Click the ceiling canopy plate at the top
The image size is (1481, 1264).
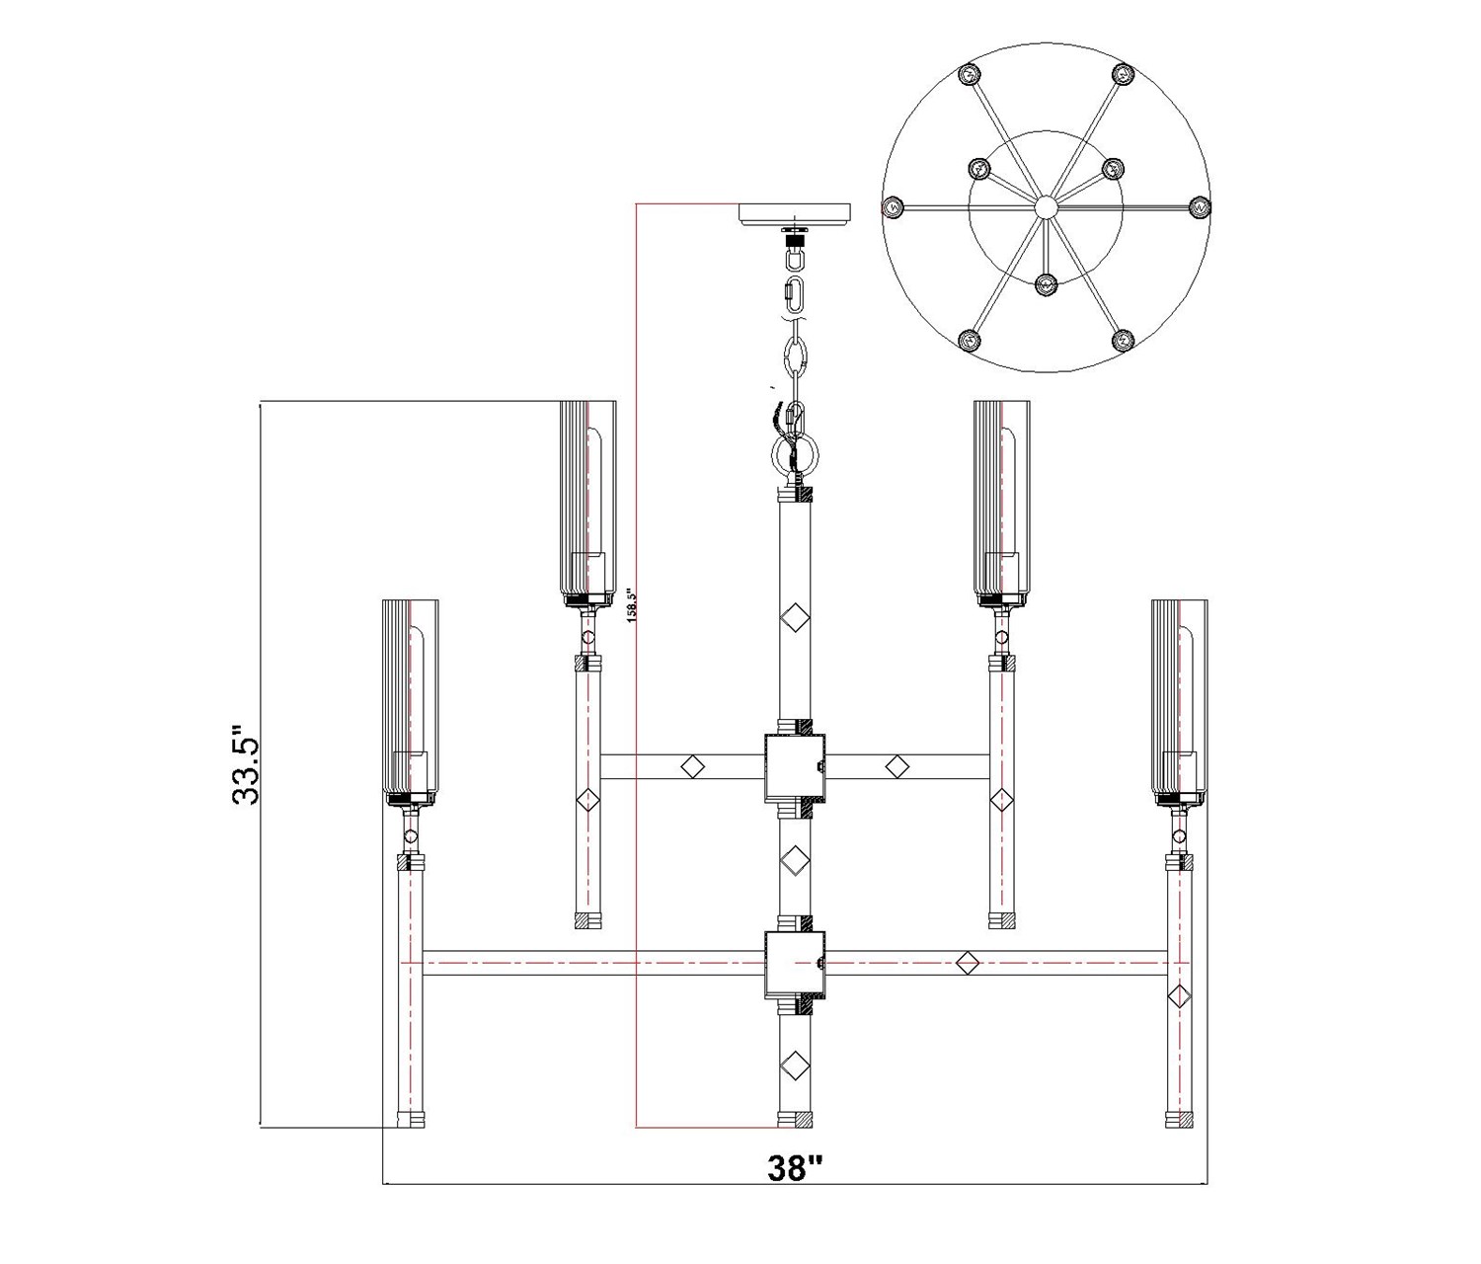pyautogui.click(x=795, y=214)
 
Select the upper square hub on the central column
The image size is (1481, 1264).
pyautogui.click(x=795, y=766)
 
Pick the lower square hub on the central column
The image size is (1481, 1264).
pyautogui.click(x=795, y=965)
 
